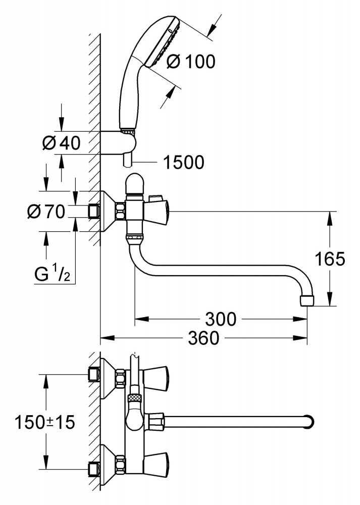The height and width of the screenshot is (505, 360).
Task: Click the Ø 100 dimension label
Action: [x=190, y=62]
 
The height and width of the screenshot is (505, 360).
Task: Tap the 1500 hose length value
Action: [x=184, y=162]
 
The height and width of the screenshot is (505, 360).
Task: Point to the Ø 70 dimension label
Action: [x=46, y=212]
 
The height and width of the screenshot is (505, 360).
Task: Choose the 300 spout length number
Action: [x=221, y=319]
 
